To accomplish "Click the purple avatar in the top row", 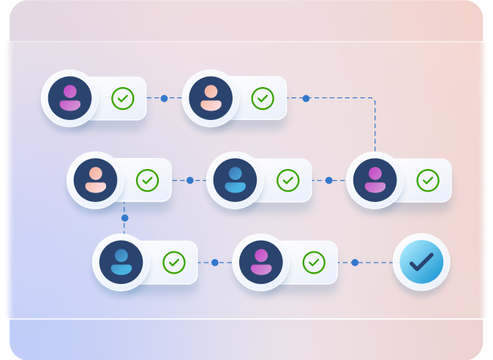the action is coord(69,98).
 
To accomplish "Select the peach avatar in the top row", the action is coord(210,98).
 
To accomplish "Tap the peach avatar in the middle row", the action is coord(95,180).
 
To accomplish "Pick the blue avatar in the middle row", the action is coord(235,180).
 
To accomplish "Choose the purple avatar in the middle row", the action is coord(375,180).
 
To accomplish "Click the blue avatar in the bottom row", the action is coord(121,262).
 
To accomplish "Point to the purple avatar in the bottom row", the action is coord(261,262).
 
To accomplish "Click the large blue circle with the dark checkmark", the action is coord(421,262).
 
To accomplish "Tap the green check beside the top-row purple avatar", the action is coord(122,98).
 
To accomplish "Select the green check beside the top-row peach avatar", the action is coord(263,98).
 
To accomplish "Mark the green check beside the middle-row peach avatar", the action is coord(148,180).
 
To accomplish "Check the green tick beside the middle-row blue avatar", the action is coord(288,180).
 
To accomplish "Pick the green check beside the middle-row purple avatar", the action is coord(428,180).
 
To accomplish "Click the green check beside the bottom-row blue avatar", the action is coord(174,262).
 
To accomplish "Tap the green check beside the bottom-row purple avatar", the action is coord(314,262).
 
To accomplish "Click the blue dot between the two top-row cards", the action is coord(164,98).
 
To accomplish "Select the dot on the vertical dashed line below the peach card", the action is coord(124,218).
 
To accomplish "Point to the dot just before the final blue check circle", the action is coord(355,262).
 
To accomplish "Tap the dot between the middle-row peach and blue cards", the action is coord(189,180).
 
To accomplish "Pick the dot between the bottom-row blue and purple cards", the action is coord(215,262).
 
